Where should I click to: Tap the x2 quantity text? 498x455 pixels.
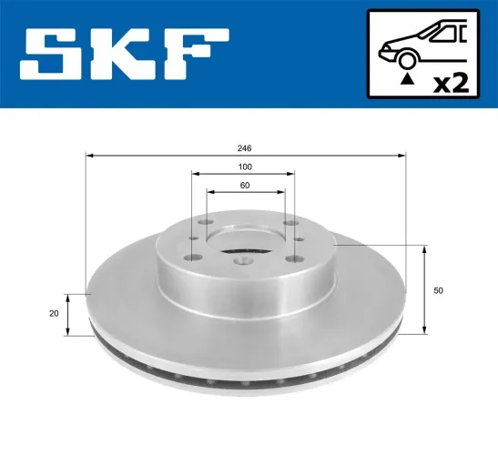[450, 83]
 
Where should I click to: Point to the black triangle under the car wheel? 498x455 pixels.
[407, 80]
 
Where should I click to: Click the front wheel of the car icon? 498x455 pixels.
[407, 60]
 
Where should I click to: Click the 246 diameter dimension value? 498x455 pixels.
[244, 147]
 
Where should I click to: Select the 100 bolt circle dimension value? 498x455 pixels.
[244, 167]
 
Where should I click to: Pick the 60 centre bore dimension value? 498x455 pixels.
[244, 186]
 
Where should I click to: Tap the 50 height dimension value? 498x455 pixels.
[439, 290]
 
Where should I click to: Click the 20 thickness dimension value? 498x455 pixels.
[55, 314]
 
